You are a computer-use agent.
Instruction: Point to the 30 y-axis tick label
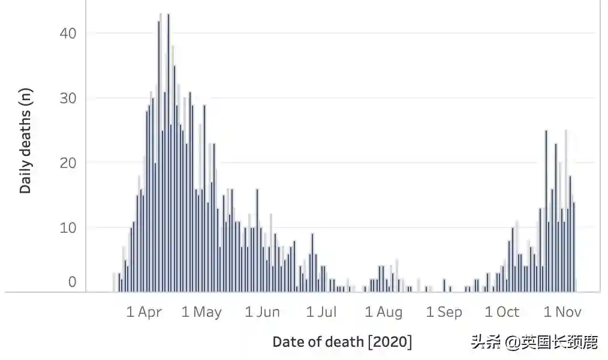tap(68, 98)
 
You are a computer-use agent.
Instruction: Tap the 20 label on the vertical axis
tap(68, 163)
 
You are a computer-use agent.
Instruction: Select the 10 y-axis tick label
tap(68, 227)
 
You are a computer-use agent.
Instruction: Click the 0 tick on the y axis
tap(72, 282)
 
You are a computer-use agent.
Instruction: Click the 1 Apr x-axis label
tap(144, 312)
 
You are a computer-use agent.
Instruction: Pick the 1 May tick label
tap(201, 312)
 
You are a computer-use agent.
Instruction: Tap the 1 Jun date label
tap(263, 312)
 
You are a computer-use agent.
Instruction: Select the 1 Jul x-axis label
tap(321, 312)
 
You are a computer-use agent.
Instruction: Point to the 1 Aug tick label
tap(383, 312)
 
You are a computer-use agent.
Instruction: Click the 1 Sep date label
tap(444, 312)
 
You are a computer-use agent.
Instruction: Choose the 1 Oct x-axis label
tap(502, 312)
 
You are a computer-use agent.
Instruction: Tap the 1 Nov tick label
tap(562, 312)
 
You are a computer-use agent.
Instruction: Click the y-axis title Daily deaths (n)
tap(25, 140)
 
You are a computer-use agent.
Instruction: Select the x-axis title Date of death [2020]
tap(342, 342)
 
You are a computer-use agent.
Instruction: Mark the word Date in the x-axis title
tap(288, 342)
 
